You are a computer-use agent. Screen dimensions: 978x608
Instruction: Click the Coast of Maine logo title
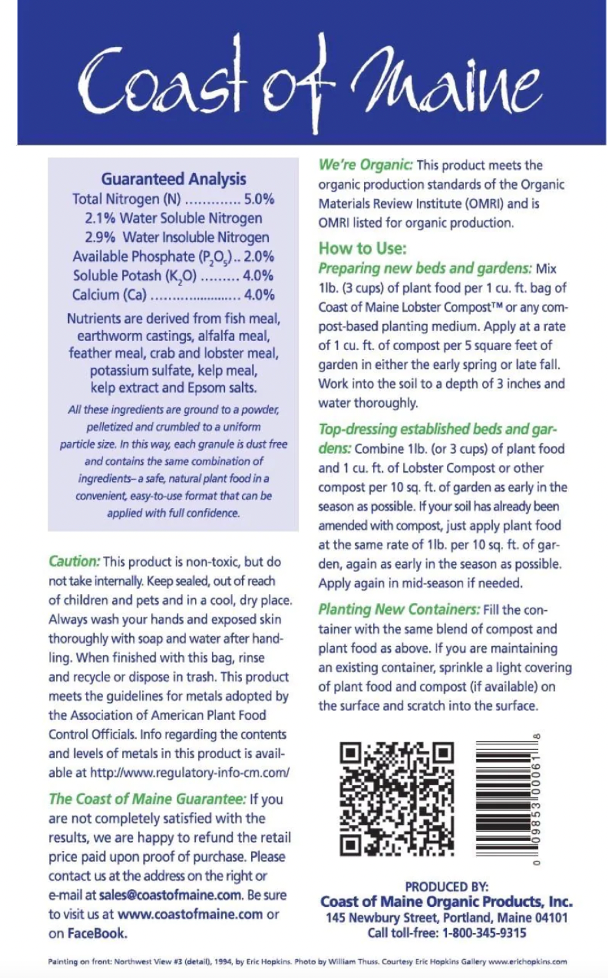click(x=310, y=81)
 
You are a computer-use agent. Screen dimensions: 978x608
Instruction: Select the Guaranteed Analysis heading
click(x=174, y=179)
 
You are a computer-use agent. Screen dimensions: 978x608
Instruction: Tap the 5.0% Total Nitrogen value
click(x=259, y=199)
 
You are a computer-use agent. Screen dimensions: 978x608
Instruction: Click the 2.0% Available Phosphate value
click(x=259, y=256)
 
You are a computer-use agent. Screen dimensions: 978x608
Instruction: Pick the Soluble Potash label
click(x=134, y=276)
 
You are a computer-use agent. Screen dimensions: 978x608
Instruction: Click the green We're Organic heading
click(x=365, y=165)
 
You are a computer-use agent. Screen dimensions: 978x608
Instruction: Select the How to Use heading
click(x=362, y=248)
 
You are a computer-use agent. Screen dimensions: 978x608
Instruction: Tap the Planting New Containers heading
click(x=399, y=610)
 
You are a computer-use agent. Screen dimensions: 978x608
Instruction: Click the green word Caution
click(x=74, y=561)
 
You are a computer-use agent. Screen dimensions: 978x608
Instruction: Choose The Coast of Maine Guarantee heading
click(x=147, y=799)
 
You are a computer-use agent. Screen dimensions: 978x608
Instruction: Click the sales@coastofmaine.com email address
click(x=170, y=895)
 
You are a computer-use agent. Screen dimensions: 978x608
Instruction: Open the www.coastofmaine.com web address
click(x=190, y=914)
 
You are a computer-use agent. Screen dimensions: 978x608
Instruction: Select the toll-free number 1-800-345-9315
click(x=484, y=933)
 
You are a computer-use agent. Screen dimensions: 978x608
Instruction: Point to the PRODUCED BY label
click(x=446, y=887)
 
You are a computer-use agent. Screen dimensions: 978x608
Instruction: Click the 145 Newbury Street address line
click(x=446, y=918)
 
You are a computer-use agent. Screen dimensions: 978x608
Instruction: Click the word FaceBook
click(x=97, y=934)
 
